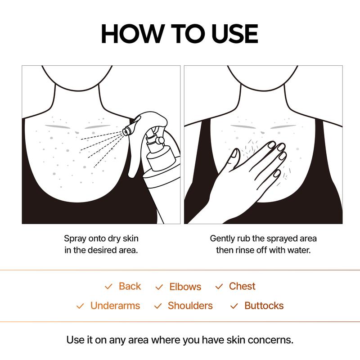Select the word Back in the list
(130, 286)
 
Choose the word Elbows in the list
(185, 287)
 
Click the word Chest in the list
(242, 286)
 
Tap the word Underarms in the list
(115, 306)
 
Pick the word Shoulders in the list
(190, 306)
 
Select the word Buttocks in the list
(264, 306)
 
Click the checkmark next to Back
(108, 287)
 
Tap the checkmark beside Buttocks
(234, 306)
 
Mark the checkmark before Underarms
(80, 306)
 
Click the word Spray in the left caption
(75, 238)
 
